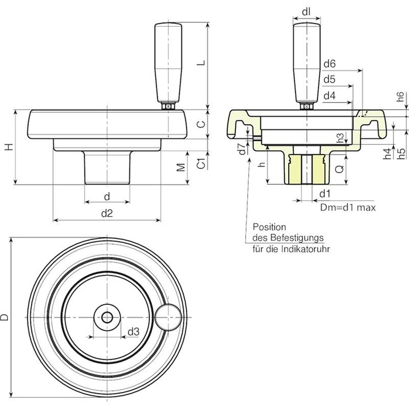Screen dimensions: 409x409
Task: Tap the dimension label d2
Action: pyautogui.click(x=107, y=214)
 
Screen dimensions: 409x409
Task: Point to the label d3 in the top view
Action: pyautogui.click(x=134, y=331)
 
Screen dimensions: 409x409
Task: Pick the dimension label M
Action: pyautogui.click(x=181, y=167)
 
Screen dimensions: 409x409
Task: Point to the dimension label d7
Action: pyautogui.click(x=241, y=149)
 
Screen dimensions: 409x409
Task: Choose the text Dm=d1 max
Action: pyautogui.click(x=348, y=207)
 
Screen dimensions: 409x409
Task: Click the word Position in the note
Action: pyautogui.click(x=269, y=226)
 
